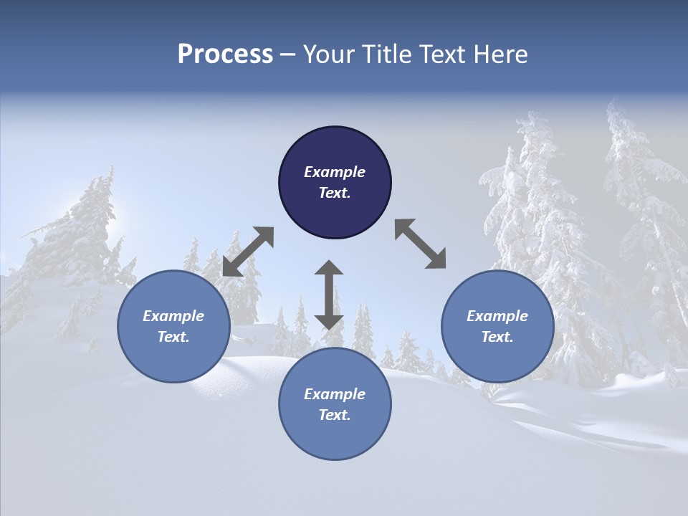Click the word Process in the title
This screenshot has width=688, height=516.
[225, 54]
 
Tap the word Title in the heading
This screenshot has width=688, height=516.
[401, 54]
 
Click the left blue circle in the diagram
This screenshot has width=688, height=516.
[173, 326]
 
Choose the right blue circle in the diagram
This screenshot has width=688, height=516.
[497, 326]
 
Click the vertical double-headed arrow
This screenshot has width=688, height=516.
[329, 295]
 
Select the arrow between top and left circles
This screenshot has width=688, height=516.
[248, 252]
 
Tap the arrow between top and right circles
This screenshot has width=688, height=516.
[420, 244]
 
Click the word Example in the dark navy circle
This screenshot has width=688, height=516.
[335, 172]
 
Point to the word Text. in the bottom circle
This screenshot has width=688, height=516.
[335, 415]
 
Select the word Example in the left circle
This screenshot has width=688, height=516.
[173, 316]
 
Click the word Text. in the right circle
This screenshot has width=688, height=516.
[497, 337]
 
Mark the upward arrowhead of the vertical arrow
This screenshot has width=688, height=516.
[329, 268]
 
